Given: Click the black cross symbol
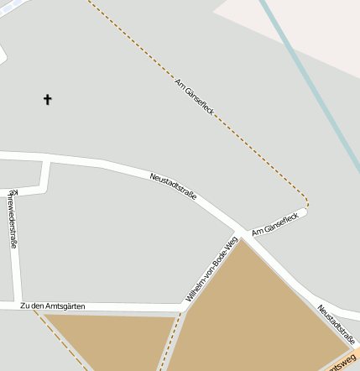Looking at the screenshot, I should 47,100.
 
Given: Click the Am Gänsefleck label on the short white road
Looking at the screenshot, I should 269,223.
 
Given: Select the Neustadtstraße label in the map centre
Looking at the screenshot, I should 173,185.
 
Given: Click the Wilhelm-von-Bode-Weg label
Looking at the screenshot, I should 206,270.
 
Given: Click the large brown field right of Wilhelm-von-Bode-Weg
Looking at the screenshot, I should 252,311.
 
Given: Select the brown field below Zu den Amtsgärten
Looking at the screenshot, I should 109,340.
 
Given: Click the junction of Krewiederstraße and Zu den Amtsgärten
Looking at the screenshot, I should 18,306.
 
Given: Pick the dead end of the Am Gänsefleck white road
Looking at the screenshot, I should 304,212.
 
